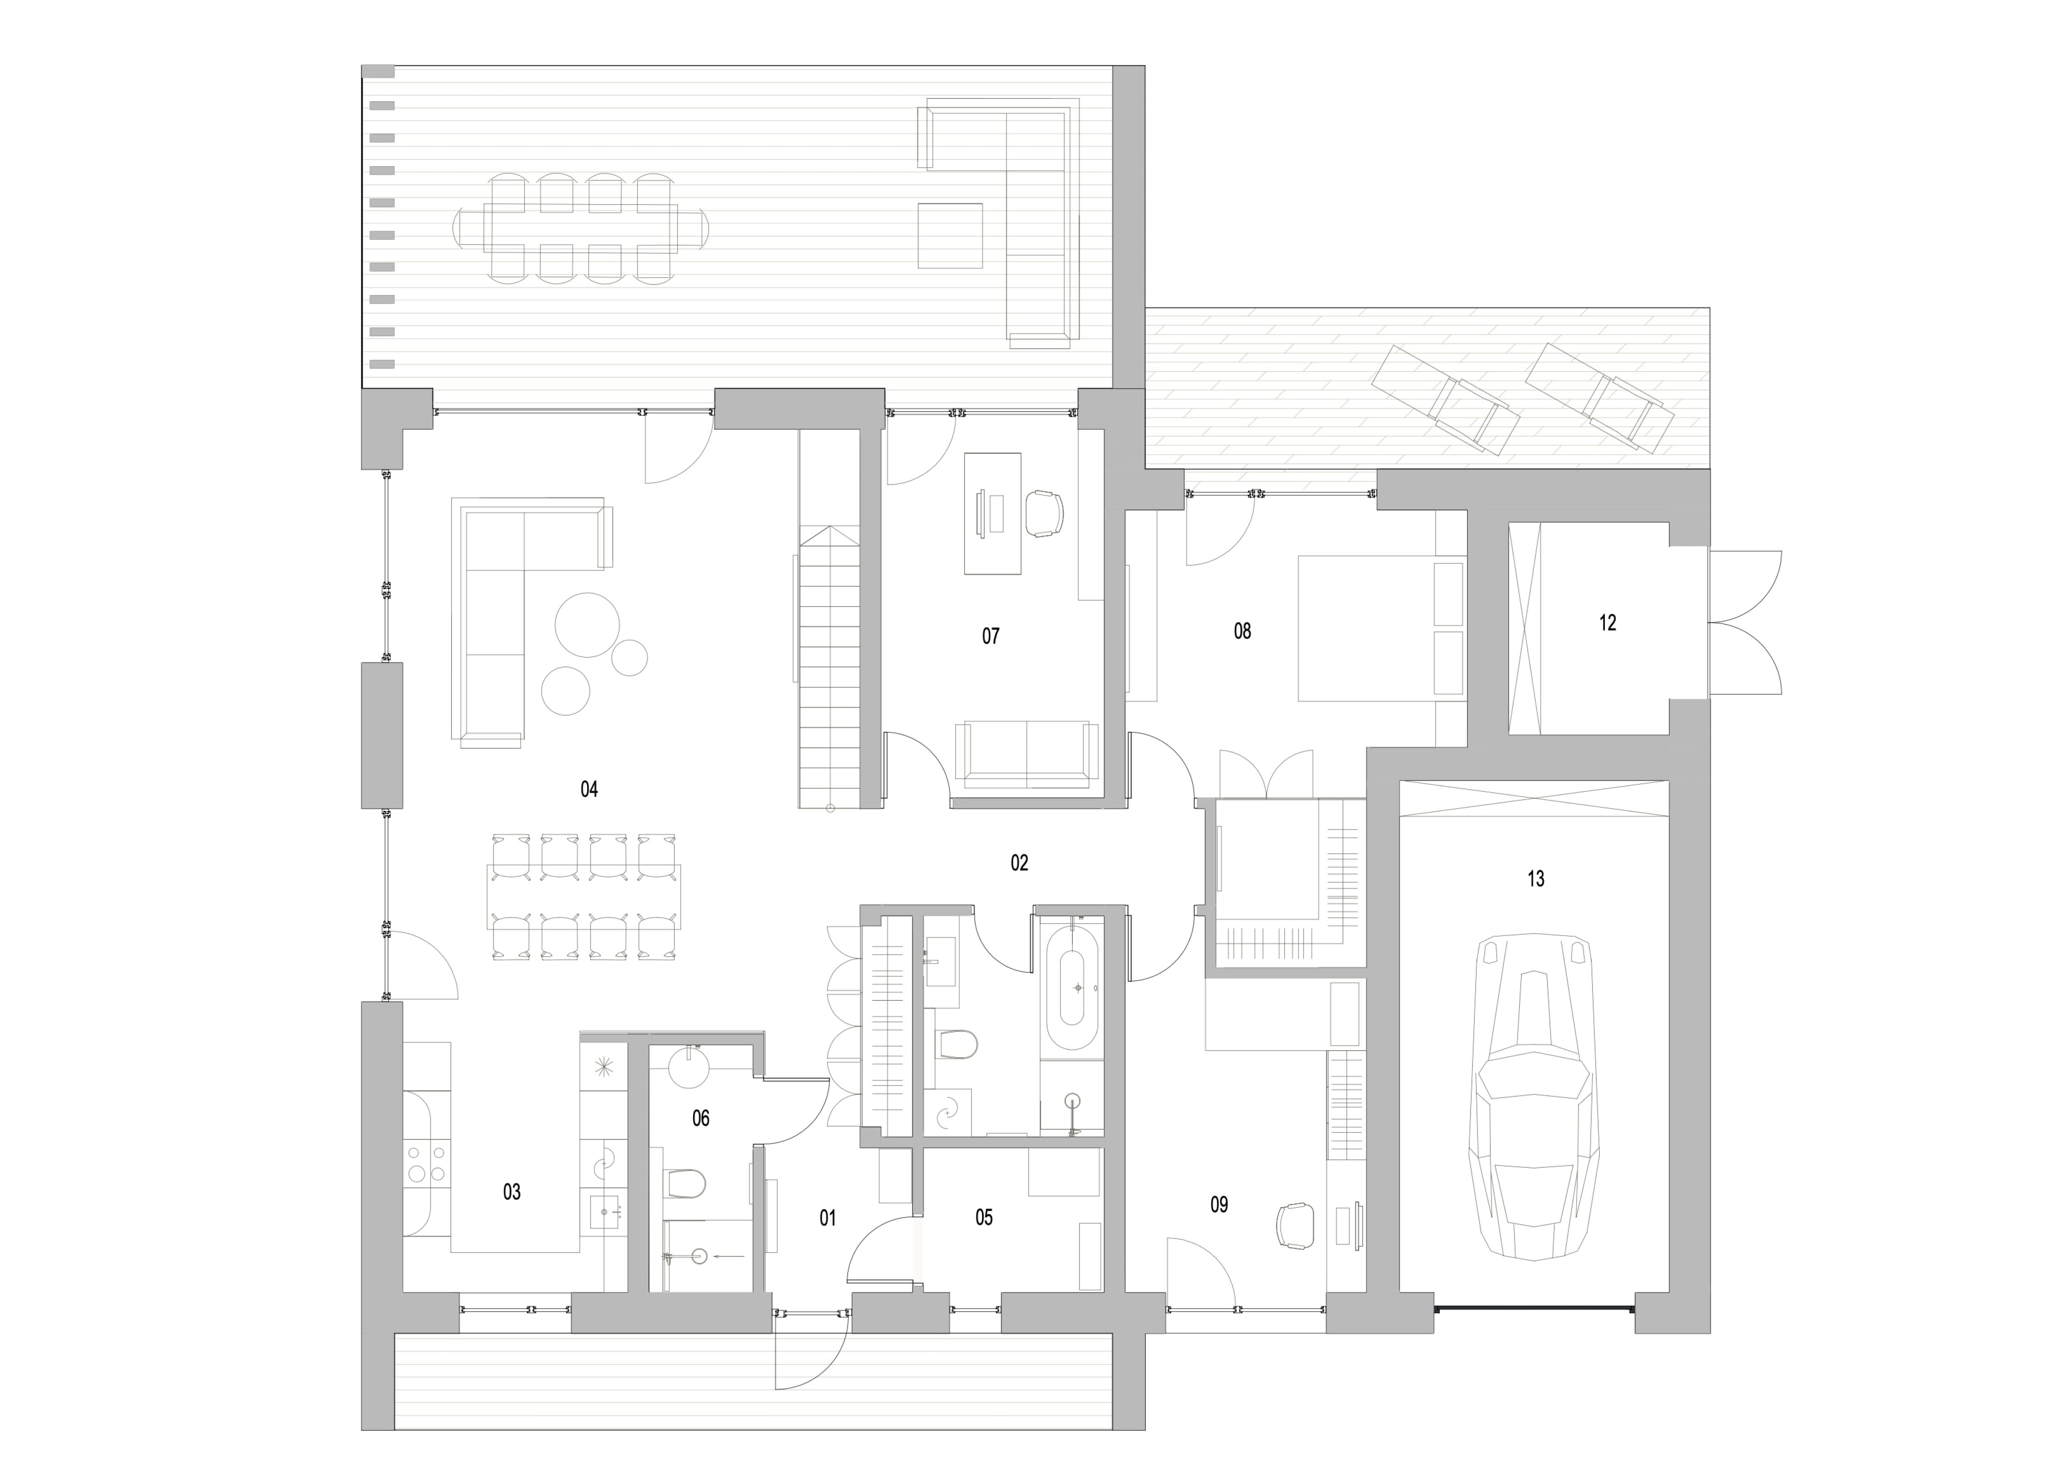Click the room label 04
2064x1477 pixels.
click(589, 789)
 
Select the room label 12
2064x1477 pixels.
click(1608, 623)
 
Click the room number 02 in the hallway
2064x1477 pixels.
click(1019, 862)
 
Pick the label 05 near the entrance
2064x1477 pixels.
click(984, 1217)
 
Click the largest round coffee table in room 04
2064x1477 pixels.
click(588, 625)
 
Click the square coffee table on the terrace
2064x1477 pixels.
click(950, 235)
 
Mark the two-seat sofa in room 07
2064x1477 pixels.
click(1026, 754)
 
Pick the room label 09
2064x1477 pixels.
click(1219, 1204)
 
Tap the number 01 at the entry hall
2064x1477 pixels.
click(827, 1217)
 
